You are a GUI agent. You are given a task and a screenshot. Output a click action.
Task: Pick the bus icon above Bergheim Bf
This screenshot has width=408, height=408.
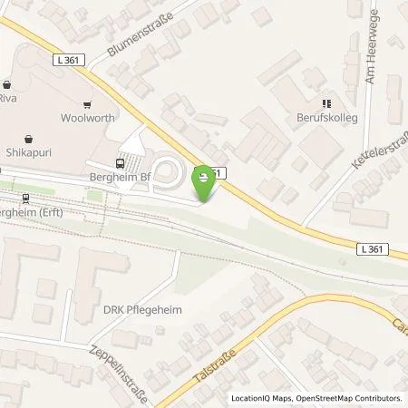(120, 163)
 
